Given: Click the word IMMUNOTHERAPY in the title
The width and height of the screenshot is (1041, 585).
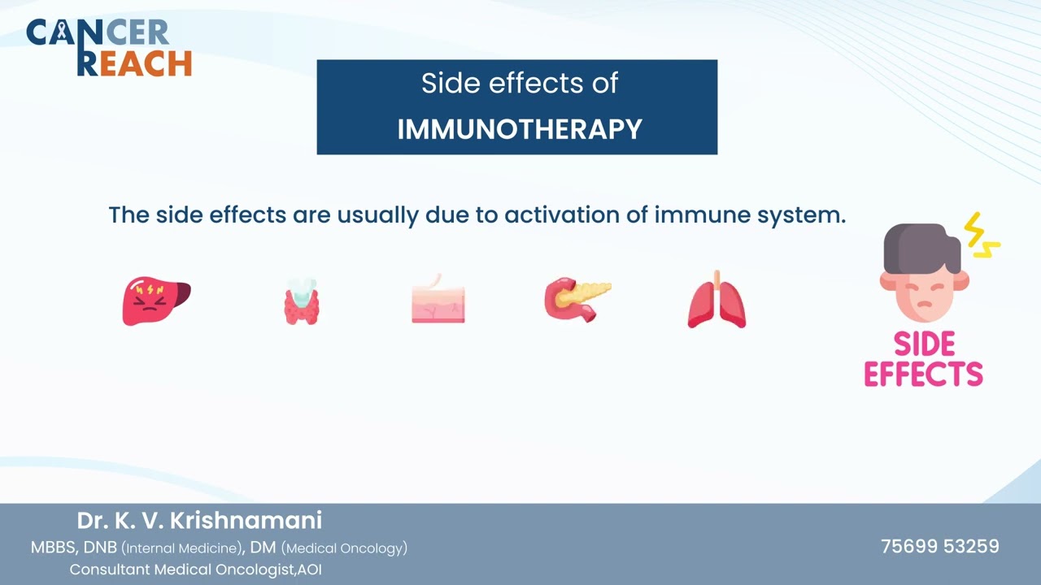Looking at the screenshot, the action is point(520,129).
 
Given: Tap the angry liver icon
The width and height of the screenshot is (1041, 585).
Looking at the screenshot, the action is point(156,301).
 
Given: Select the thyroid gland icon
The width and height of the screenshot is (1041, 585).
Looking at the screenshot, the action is point(302,301).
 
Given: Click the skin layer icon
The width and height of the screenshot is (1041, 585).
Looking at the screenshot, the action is point(438,300).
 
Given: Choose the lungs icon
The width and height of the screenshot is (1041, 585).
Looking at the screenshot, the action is point(717,300).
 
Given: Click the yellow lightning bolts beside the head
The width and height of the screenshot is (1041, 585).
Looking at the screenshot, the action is point(982,236).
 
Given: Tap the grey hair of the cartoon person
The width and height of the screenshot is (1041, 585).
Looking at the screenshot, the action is point(921,248).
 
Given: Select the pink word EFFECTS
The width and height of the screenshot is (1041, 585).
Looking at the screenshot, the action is point(923,374).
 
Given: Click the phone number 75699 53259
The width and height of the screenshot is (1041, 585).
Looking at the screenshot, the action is point(939,547).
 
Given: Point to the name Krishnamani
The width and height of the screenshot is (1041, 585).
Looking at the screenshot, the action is point(246,521).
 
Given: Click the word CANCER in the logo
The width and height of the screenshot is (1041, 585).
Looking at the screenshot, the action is point(98,32).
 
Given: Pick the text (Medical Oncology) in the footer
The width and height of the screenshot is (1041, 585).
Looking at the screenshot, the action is point(344,548).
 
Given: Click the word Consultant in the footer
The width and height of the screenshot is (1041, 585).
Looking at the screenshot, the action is point(110,570).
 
